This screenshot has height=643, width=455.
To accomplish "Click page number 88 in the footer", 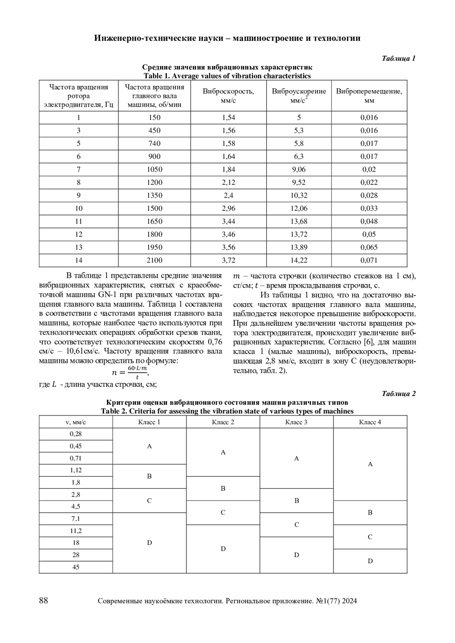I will [44, 601].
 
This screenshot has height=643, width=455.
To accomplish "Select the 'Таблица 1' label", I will [399, 58].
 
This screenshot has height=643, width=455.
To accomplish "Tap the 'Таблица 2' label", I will [399, 394].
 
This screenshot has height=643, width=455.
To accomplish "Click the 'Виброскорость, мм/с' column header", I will [228, 95].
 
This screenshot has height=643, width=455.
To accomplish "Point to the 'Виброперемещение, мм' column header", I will [369, 95].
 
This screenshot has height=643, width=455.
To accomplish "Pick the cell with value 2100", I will [154, 260].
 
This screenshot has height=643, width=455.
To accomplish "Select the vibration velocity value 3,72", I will [228, 260].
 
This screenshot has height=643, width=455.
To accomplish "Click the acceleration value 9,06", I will [299, 169].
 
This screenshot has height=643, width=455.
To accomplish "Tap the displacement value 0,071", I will [369, 260].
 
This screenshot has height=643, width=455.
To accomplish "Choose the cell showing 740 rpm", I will [154, 144].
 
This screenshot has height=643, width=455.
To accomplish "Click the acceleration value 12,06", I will [299, 208].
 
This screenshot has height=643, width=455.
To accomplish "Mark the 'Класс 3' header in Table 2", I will [297, 422].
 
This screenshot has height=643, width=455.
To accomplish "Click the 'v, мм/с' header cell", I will [76, 422].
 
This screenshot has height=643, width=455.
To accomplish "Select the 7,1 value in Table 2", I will [76, 519].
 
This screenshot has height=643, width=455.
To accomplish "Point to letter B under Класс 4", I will [370, 513].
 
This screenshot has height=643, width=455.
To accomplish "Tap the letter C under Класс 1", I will [149, 501].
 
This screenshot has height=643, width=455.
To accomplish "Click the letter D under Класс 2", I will [223, 549].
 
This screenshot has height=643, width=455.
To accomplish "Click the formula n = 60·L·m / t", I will [130, 372].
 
